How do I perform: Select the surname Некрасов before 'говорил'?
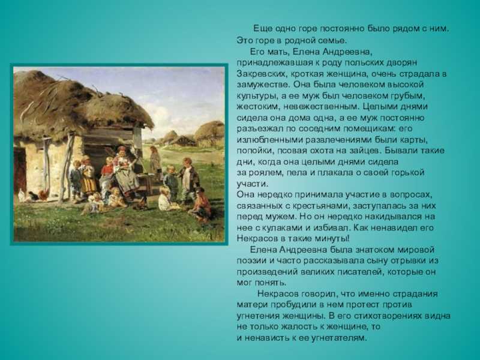tap(278, 294)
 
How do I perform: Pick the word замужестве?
tap(263, 85)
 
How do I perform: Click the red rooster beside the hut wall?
tap(43, 195)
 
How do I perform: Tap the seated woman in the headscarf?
tap(125, 173)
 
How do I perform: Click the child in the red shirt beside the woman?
tap(107, 175)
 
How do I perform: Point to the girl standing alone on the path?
tap(155, 162)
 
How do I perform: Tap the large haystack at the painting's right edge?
tap(210, 132)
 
